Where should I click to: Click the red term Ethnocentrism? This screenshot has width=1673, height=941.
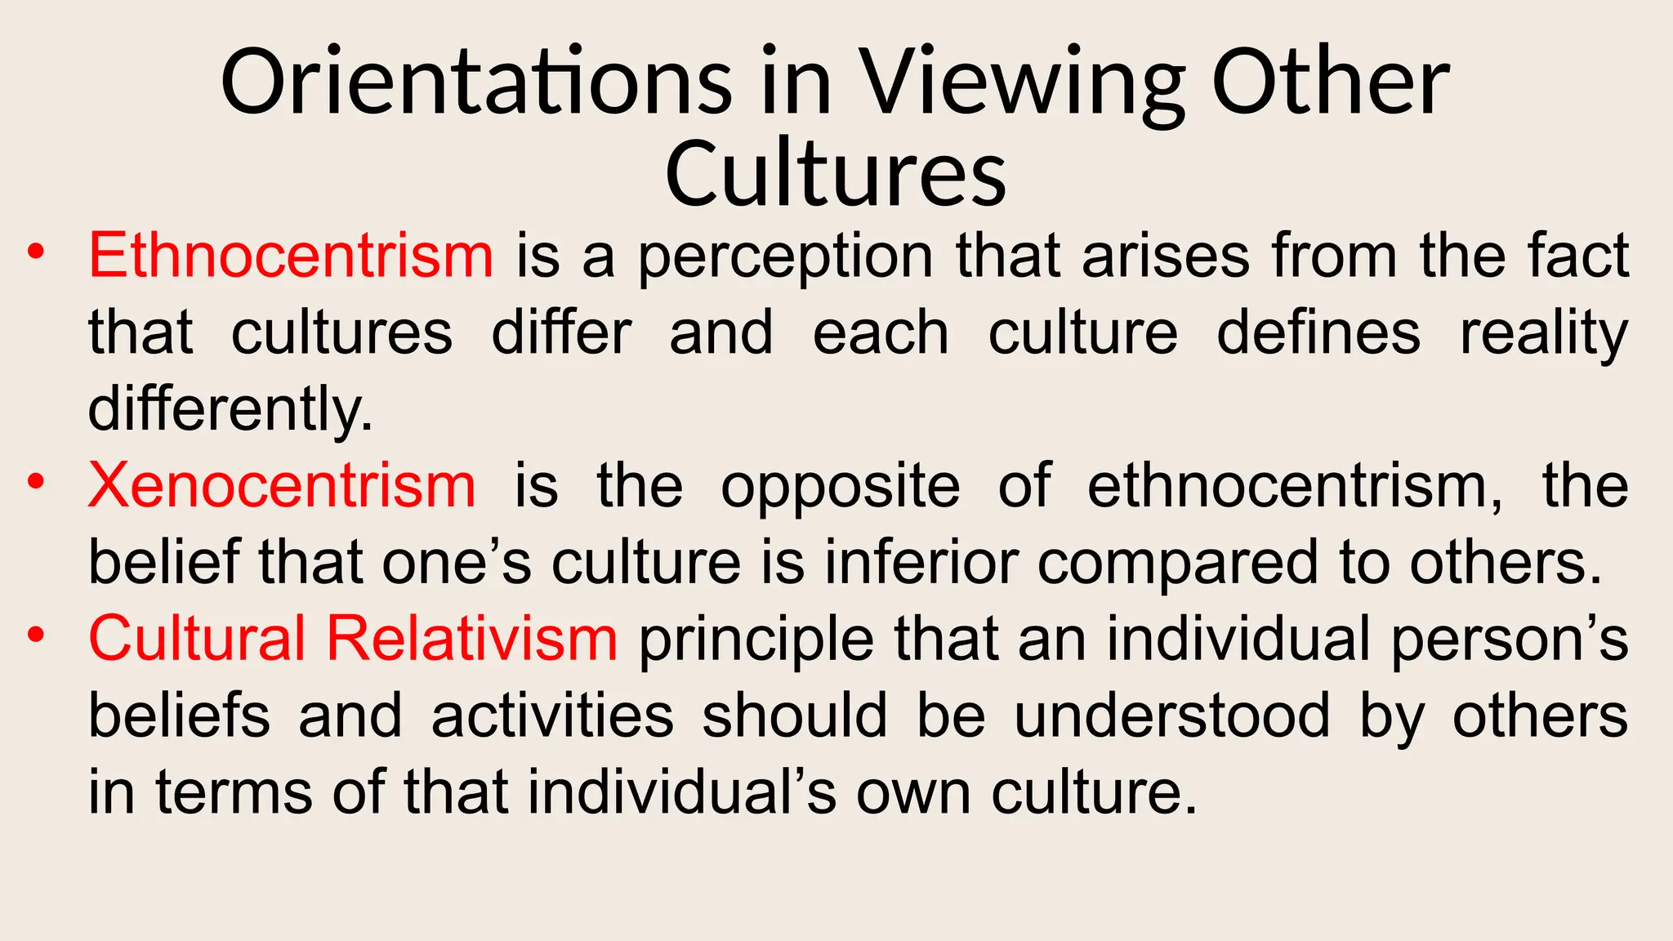[x=291, y=255]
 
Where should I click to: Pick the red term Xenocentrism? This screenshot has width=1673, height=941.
[x=282, y=485]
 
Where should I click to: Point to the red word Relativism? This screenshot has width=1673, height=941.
[x=472, y=638]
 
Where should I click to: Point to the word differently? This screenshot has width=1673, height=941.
[x=230, y=408]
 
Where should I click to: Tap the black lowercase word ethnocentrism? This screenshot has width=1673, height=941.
[x=1294, y=485]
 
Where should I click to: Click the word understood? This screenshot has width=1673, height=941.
[x=1172, y=716]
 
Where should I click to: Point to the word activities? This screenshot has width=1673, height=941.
[x=552, y=716]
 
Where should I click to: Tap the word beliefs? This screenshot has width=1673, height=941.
[x=179, y=716]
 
